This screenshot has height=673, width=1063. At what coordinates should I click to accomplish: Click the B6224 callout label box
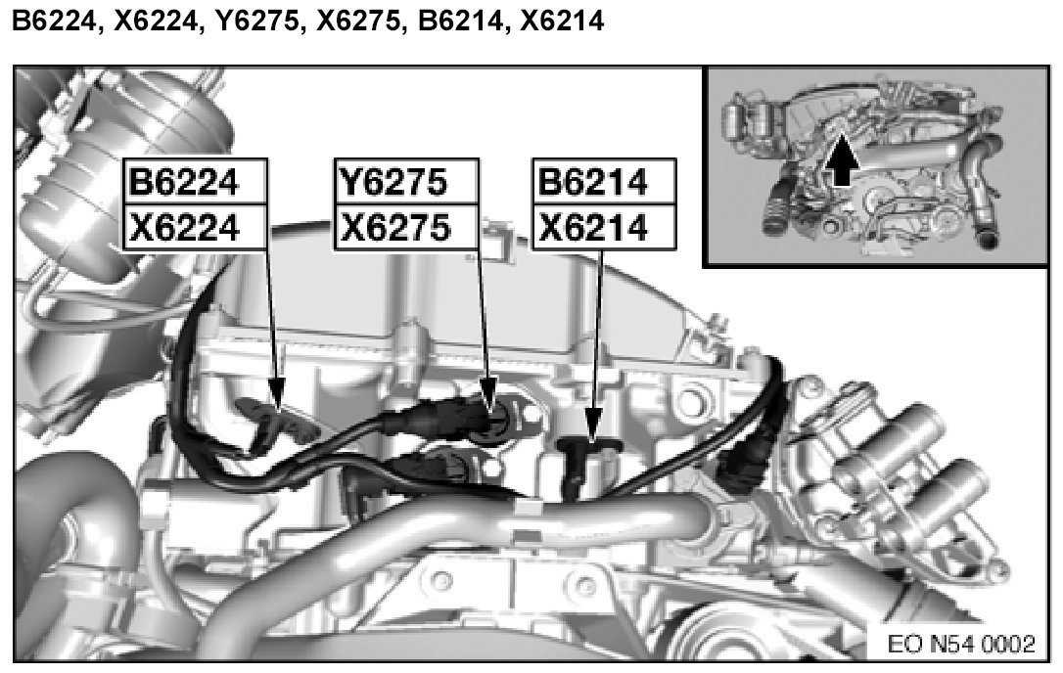(195, 182)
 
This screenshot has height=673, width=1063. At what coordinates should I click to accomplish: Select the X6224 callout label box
(195, 226)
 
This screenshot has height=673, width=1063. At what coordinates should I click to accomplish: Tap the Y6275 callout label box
(407, 182)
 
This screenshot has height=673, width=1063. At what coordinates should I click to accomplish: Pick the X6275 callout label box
(407, 226)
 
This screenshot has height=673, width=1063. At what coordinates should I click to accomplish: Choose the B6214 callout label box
(604, 182)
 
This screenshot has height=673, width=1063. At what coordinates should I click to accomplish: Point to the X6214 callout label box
(604, 226)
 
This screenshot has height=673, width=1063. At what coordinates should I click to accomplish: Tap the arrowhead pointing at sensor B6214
(594, 424)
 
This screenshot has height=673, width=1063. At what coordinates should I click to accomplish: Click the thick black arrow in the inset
(841, 160)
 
